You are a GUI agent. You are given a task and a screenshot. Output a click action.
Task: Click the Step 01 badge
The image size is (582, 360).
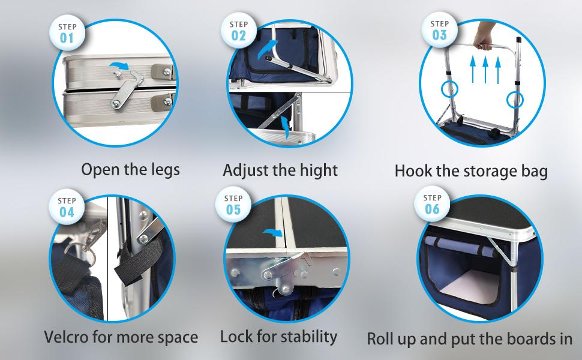tap(67, 32)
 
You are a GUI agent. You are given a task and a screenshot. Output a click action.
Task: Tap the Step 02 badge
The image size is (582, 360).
tap(238, 31)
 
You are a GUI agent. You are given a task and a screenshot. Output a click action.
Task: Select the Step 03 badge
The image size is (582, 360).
tap(439, 29)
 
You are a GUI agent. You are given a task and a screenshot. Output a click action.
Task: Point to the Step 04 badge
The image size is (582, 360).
tap(67, 207)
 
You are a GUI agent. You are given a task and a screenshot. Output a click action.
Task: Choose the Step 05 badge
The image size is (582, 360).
tap(233, 205)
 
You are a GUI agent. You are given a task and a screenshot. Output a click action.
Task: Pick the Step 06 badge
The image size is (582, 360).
tap(432, 204)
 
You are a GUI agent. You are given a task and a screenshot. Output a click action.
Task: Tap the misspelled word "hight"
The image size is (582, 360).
tap(319, 170)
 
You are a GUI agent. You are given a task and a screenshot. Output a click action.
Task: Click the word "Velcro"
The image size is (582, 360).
tap(66, 337)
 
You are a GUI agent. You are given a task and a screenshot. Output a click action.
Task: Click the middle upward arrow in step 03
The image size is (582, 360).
tap(485, 70)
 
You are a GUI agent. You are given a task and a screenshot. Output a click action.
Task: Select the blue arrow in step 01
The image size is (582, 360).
tap(119, 66)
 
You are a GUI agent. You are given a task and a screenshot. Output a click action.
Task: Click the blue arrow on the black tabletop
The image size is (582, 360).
tap(273, 233)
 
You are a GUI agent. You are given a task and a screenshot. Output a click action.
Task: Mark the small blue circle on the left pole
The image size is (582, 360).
tap(449, 89)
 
